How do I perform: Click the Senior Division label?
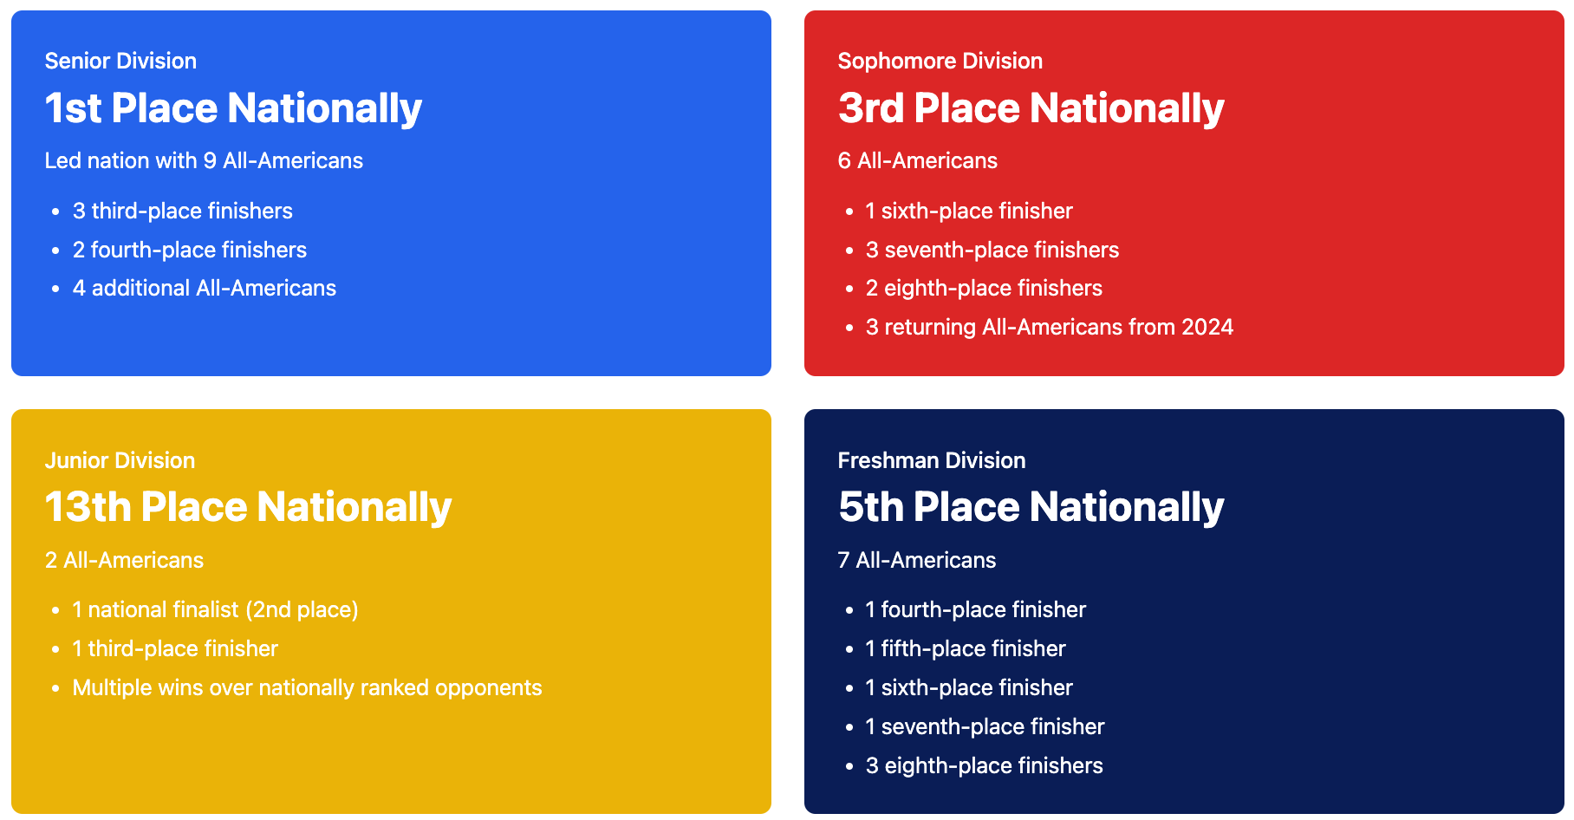(120, 61)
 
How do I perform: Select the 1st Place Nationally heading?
(233, 108)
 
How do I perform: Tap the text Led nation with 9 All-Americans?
(204, 160)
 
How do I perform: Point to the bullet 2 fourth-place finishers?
(190, 250)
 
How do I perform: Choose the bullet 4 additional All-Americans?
(205, 288)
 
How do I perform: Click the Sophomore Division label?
(940, 61)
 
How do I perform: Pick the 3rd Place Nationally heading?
(1031, 108)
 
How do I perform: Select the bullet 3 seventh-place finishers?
(992, 250)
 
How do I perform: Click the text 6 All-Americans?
(918, 160)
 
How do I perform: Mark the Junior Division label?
(120, 460)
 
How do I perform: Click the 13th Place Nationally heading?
(248, 507)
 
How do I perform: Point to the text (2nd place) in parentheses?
(302, 609)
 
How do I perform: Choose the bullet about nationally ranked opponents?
(308, 687)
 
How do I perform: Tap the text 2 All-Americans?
(124, 560)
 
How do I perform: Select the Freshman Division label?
(932, 460)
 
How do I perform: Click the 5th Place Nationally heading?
(1031, 507)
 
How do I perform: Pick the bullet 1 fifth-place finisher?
(966, 648)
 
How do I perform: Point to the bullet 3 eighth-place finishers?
(985, 765)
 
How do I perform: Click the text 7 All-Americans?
(917, 560)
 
